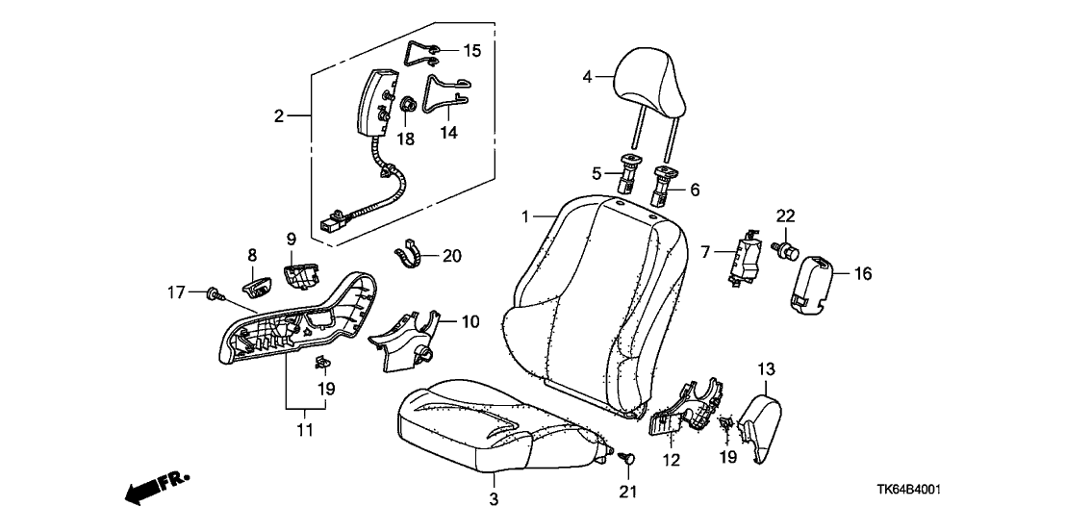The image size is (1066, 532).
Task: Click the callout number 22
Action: pyautogui.click(x=784, y=215)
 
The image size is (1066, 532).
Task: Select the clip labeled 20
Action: pyautogui.click(x=409, y=257)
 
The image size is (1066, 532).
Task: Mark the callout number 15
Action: pyautogui.click(x=471, y=49)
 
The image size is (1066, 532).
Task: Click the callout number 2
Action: pyautogui.click(x=279, y=116)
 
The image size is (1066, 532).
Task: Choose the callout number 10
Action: pyautogui.click(x=470, y=321)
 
